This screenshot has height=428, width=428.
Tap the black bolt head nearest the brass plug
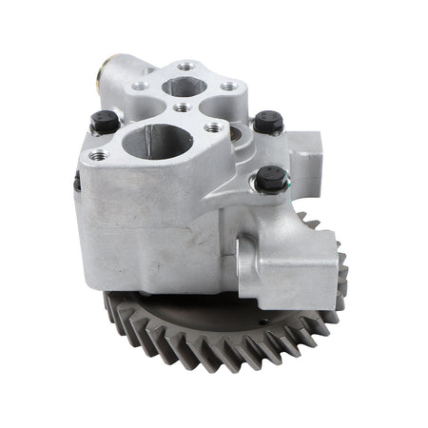pos(105,121)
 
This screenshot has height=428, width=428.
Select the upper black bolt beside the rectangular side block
pos(268,122)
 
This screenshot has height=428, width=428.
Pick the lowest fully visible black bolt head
pos(271,178)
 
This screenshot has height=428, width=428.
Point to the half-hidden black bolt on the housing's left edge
pos(77,180)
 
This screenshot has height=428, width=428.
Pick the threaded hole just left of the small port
pos(140,87)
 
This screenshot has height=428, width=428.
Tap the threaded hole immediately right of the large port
pos(212,127)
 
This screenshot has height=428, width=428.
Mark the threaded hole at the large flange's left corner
pos(95,154)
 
